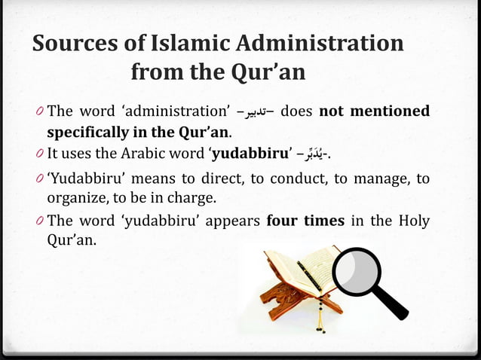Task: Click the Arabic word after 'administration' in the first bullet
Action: [255, 113]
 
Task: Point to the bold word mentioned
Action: [388, 112]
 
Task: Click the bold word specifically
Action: [89, 133]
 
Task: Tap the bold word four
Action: [286, 223]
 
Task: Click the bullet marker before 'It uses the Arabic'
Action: [40, 155]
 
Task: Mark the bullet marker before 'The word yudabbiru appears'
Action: [40, 223]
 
